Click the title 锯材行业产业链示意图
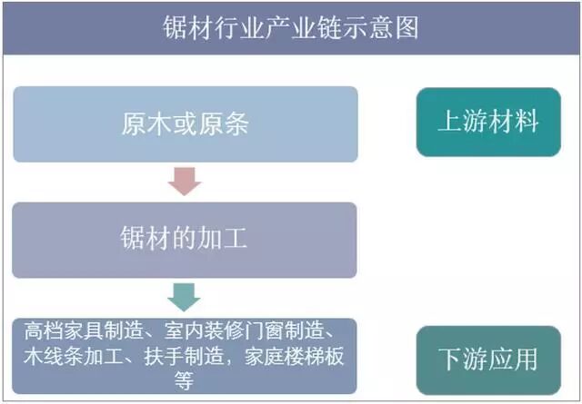pos(290,27)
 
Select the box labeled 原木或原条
pos(185,124)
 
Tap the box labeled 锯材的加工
pos(185,240)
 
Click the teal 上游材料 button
pos(488,123)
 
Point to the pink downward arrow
pos(185,182)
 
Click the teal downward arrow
pos(185,297)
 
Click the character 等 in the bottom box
pos(185,379)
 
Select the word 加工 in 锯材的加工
pos(227,240)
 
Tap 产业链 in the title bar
pos(309,27)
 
